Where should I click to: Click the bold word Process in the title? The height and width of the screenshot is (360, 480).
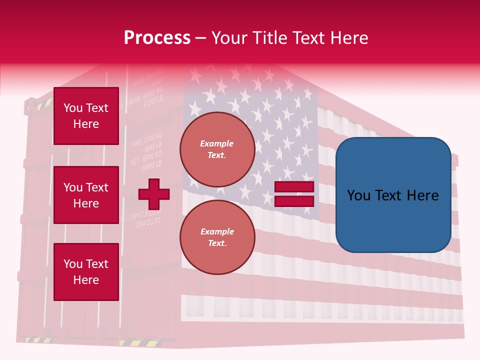[x=157, y=37]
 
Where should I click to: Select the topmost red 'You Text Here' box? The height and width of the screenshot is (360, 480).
[x=86, y=116]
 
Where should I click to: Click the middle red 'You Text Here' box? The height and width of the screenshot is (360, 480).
[x=86, y=195]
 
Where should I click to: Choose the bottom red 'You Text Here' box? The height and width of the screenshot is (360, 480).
[x=86, y=271]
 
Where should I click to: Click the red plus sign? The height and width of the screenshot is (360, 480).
[x=154, y=194]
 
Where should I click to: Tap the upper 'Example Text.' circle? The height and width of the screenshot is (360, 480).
[x=217, y=149]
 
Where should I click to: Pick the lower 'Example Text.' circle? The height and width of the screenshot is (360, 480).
[x=217, y=237]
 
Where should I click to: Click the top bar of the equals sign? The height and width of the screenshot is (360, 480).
[x=294, y=186]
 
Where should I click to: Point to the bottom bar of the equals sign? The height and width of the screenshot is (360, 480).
[x=294, y=201]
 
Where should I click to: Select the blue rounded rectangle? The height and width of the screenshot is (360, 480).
[x=393, y=195]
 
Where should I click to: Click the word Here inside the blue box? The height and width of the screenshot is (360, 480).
[x=422, y=195]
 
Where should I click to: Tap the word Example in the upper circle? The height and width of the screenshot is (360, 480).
[x=216, y=143]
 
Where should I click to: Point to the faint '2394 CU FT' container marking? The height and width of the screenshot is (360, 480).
[x=148, y=223]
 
